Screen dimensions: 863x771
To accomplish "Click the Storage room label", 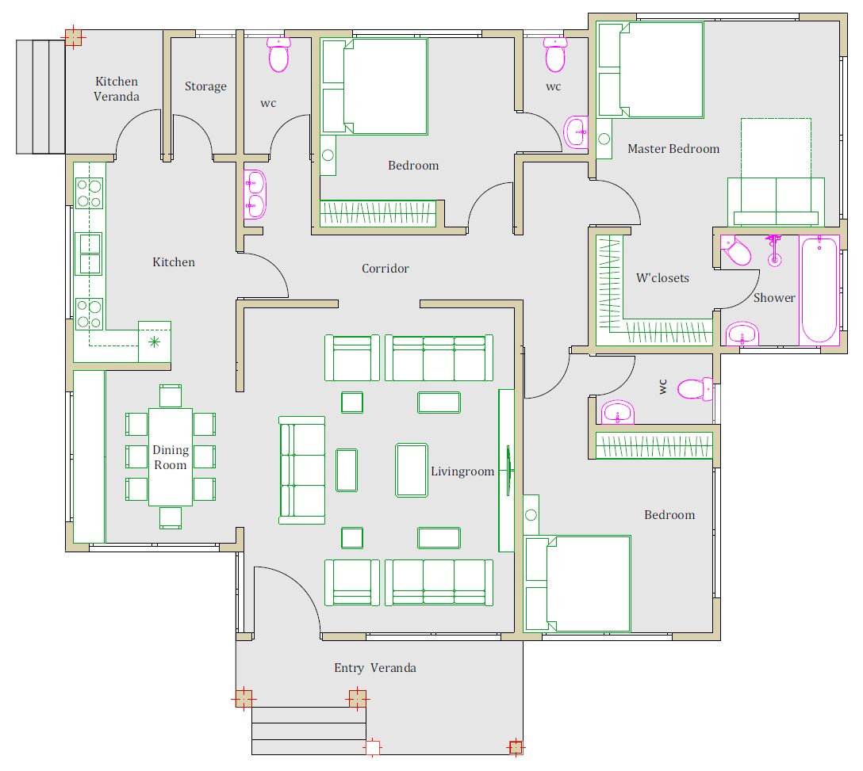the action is point(205,86).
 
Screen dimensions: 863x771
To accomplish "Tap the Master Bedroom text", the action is point(673,148).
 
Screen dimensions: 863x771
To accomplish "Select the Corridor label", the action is point(385,269).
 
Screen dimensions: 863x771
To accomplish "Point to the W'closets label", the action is point(662,277).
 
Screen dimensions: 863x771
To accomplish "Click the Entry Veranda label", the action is point(375,668).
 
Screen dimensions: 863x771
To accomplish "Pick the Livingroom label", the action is point(462,471).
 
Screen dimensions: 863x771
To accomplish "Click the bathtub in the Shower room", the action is point(819,290).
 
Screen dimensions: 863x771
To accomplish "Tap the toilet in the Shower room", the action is point(736,250).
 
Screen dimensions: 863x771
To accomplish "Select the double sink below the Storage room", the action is point(255,194).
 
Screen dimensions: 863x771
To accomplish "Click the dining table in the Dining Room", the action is point(171,457).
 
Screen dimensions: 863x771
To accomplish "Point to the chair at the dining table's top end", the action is point(171,396).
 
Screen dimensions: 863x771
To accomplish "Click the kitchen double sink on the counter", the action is point(88,254).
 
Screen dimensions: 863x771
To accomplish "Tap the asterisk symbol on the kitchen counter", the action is point(154,342).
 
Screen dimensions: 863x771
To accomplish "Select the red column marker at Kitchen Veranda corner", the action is point(73,37).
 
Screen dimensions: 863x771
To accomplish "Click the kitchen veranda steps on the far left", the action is point(40,97).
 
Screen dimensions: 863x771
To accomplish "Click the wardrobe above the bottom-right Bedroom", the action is point(654,445).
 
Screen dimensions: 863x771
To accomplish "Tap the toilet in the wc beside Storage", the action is point(278,55).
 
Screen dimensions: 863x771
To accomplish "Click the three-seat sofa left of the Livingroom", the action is point(302,470).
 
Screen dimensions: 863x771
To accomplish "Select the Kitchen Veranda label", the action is point(116,89).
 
